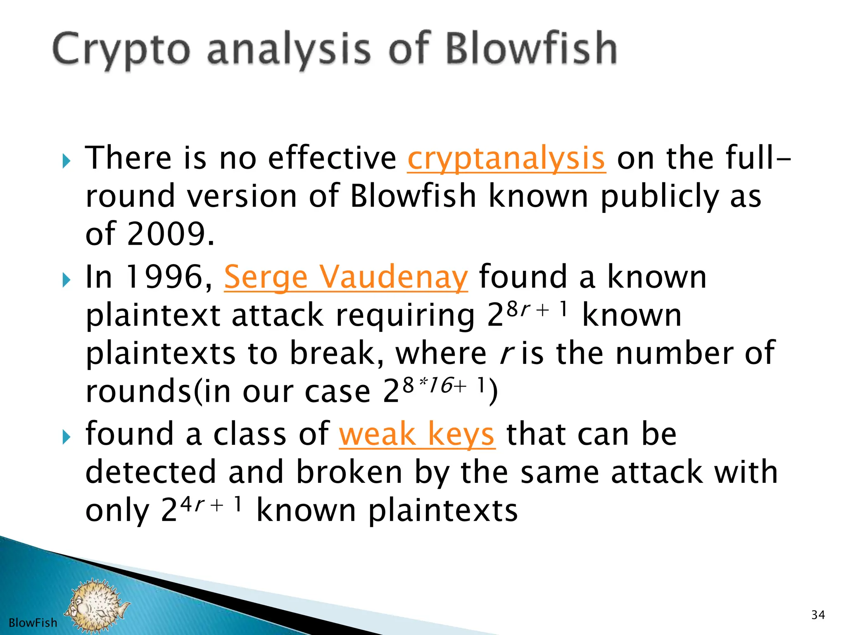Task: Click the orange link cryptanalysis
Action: [x=506, y=159]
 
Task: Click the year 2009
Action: [x=166, y=234]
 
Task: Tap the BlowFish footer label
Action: [x=33, y=623]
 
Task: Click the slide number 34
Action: [x=818, y=615]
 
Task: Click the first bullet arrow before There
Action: [x=66, y=161]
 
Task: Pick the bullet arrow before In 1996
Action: [x=66, y=280]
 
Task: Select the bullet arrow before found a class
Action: [x=66, y=437]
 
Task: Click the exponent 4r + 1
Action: [x=211, y=504]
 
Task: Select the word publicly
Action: [x=660, y=197]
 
